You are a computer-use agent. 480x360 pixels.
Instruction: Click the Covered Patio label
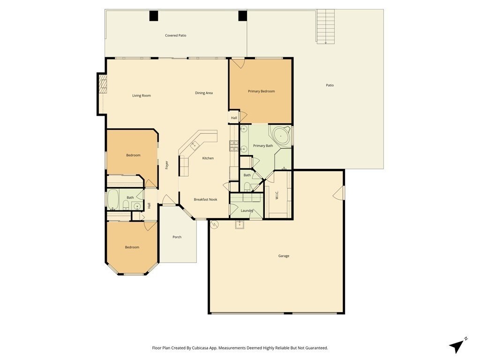[x=175, y=36]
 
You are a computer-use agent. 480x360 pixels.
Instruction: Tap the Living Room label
[x=142, y=96]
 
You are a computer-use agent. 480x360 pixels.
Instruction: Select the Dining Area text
[x=204, y=93]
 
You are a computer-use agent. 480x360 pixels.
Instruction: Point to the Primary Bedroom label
[x=261, y=91]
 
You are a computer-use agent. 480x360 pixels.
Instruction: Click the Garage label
[x=284, y=256]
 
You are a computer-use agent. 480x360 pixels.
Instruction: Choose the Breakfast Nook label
[x=205, y=200]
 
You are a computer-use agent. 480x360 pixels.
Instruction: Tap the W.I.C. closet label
[x=277, y=195]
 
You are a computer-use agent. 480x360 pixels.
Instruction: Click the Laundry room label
[x=247, y=210]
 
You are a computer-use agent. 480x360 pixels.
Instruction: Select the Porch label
[x=177, y=237]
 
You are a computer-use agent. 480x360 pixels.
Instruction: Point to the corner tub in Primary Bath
[x=281, y=135]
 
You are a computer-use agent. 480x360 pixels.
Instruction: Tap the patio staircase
[x=325, y=26]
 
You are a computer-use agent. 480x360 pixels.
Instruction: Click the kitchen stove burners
[x=234, y=146]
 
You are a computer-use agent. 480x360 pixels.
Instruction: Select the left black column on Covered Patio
[x=154, y=15]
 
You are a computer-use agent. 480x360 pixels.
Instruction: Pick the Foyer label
[x=167, y=165]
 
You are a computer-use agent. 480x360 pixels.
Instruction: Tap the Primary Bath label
[x=263, y=146]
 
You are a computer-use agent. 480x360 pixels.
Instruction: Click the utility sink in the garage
[x=240, y=225]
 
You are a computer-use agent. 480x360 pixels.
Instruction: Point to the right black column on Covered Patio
[x=242, y=15]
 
